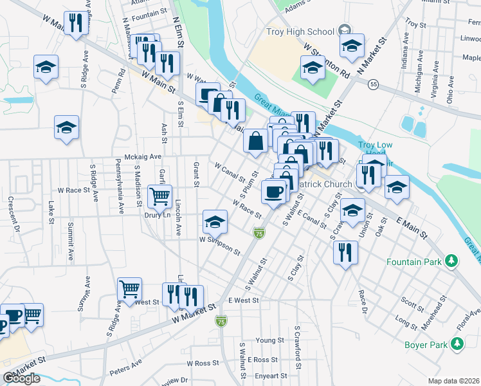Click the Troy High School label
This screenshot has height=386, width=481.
point(300,32)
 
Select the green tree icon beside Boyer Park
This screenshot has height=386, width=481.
point(457,345)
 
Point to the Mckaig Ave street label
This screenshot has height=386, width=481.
point(143,156)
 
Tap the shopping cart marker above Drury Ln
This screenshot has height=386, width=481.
point(160,195)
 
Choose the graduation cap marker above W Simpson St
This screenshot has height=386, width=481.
point(215,222)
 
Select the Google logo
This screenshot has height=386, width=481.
point(21,378)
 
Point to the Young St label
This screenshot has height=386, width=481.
point(269,340)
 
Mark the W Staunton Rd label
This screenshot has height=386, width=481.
point(327,61)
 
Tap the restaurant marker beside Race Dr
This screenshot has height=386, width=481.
point(345,252)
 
